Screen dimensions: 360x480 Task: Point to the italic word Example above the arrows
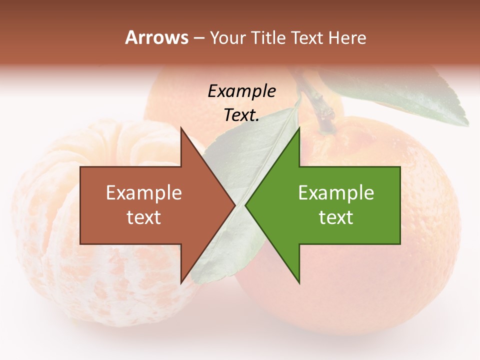(241, 91)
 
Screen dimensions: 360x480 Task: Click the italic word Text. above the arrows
(241, 115)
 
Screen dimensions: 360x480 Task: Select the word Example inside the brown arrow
(144, 193)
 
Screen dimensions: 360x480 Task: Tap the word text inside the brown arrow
(144, 217)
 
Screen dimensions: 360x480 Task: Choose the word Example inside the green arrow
(336, 193)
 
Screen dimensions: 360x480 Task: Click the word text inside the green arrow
(336, 217)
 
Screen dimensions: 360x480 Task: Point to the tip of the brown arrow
(234, 205)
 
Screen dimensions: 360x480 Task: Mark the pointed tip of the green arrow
(246, 205)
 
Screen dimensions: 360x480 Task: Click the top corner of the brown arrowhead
(181, 128)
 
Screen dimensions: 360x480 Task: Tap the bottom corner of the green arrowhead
(299, 283)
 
